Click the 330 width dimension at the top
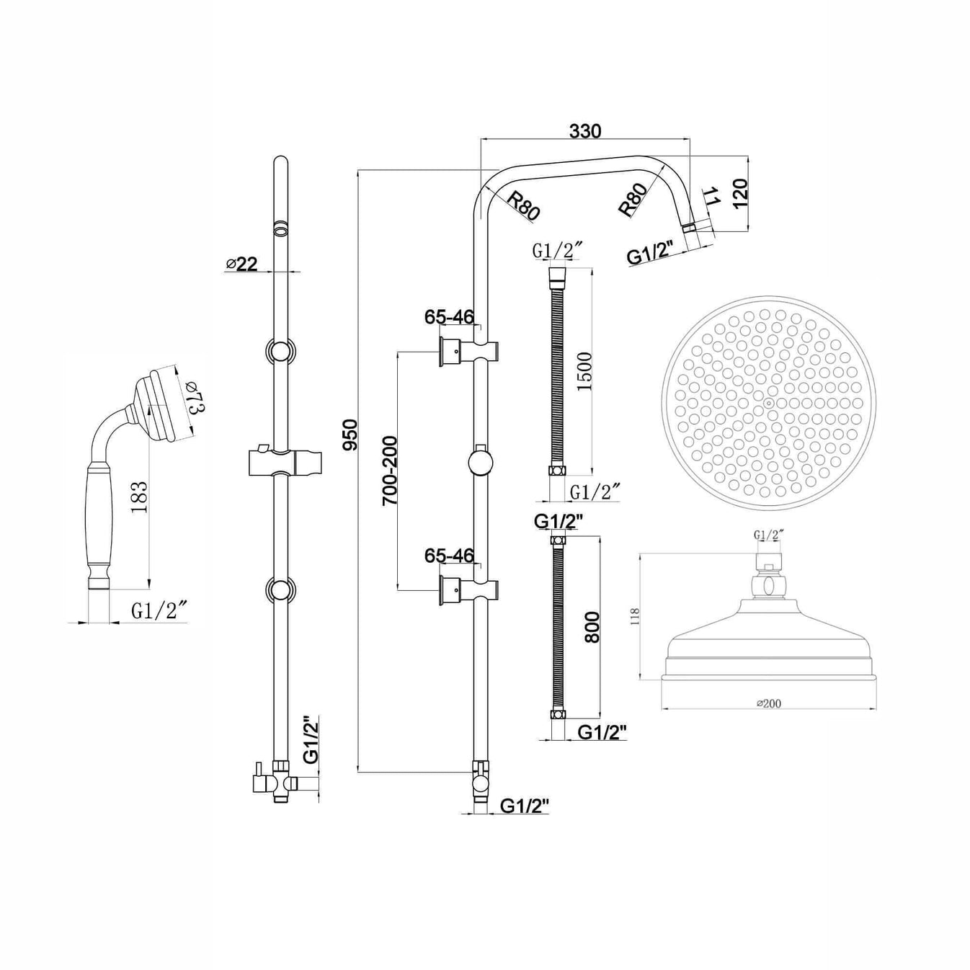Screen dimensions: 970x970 pos(584,131)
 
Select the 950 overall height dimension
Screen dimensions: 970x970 pos(350,434)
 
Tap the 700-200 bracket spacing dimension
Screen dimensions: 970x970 pos(390,470)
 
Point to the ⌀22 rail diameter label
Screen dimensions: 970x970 pos(241,264)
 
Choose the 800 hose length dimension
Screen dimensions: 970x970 pos(591,627)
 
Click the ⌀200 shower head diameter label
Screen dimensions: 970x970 pos(768,703)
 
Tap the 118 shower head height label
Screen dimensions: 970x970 pos(634,615)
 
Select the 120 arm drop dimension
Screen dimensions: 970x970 pos(740,194)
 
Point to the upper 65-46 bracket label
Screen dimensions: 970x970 pos(449,317)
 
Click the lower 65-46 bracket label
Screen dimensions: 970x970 pos(449,556)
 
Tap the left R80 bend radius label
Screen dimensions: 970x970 pos(522,205)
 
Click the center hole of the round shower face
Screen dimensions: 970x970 pos(769,403)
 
